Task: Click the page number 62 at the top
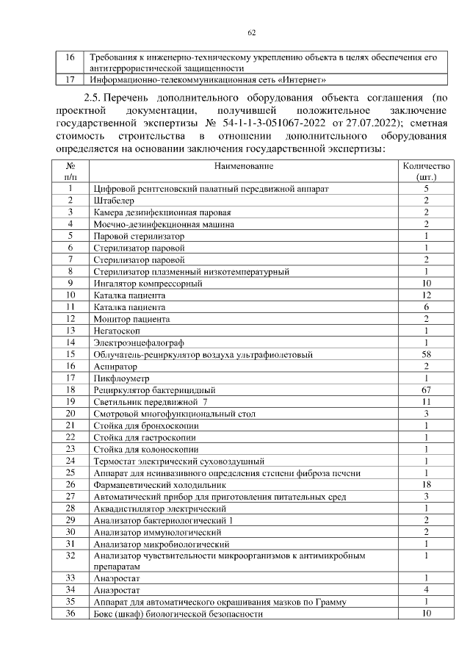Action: (251, 33)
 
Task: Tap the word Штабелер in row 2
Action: (112, 201)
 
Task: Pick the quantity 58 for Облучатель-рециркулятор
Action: (426, 355)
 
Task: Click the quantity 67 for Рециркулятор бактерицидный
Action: (426, 390)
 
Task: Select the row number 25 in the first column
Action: (70, 472)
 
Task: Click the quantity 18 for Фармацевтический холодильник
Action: (426, 485)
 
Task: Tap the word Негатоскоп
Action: (117, 331)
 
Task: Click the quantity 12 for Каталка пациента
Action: (426, 295)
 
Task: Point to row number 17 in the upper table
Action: (70, 79)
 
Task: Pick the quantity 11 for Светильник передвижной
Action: (426, 402)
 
